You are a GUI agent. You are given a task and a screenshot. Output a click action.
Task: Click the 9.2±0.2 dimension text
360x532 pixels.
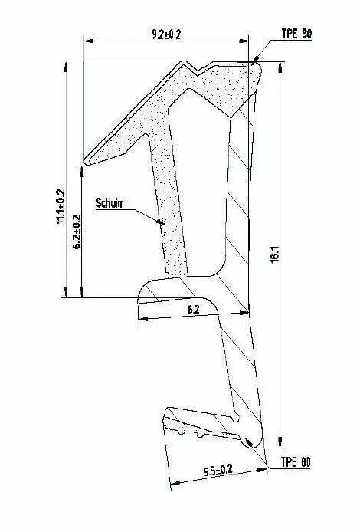tap(166, 34)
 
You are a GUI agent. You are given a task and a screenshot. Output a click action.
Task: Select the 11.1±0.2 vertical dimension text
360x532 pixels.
tap(61, 206)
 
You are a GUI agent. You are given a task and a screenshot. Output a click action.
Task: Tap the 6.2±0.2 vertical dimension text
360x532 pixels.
tap(77, 232)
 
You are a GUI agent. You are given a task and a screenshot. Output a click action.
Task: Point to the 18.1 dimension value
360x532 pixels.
tap(275, 254)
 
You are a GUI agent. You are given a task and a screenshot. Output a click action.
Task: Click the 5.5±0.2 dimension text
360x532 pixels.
tap(218, 471)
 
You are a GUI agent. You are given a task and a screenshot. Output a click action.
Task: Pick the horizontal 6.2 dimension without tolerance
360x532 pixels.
tap(193, 309)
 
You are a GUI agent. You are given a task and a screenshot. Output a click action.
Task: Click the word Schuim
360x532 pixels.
tap(110, 203)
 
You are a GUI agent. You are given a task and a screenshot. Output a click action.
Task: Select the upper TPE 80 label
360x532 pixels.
tap(296, 34)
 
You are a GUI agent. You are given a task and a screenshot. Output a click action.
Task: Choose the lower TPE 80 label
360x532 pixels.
tap(296, 462)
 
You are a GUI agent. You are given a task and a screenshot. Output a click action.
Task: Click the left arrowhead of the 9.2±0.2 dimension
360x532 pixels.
tap(89, 41)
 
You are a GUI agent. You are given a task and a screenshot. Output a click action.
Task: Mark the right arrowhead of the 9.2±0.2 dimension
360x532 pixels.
tap(244, 41)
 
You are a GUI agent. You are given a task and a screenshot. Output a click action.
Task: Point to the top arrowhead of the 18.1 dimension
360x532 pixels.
tap(280, 67)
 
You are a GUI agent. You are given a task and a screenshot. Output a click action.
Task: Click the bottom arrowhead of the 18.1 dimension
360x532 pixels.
tap(280, 442)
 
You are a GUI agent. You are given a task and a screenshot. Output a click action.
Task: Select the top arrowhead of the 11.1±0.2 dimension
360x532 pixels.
tap(66, 67)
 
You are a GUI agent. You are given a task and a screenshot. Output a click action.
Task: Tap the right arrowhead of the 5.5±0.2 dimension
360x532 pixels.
tap(263, 470)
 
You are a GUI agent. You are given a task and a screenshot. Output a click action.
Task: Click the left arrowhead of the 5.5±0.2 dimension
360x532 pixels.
tap(175, 482)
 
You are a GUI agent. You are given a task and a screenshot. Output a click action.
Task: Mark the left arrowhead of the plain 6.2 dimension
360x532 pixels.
tap(144, 319)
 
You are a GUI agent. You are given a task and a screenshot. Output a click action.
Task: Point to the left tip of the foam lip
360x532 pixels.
tap(86, 162)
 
